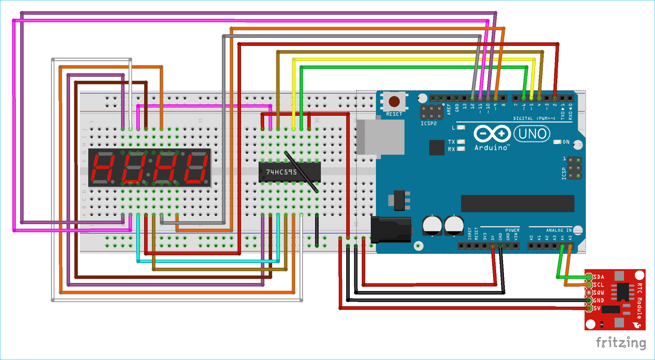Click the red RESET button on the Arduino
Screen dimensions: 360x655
(394, 102)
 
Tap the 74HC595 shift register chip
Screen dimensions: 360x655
(290, 172)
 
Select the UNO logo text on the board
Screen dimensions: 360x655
(532, 134)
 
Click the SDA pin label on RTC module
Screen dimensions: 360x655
(599, 277)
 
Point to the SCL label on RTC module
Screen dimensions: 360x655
(599, 285)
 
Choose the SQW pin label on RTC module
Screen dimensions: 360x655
(599, 293)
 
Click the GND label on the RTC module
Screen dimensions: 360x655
(599, 301)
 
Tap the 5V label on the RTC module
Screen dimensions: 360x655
(597, 308)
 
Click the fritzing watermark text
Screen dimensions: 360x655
(621, 343)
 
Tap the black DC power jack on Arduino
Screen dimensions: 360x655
(390, 229)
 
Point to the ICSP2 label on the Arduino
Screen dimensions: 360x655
(428, 124)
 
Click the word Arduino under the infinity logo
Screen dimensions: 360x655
(491, 148)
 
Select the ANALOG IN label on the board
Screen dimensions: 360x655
(558, 230)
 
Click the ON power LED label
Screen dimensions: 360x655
(566, 142)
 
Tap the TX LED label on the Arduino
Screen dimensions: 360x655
(452, 142)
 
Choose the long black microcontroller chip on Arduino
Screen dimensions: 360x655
(517, 204)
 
